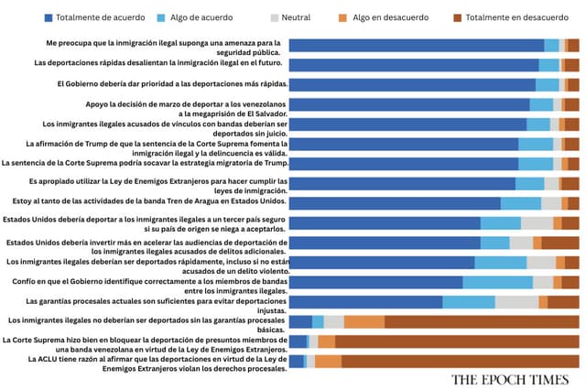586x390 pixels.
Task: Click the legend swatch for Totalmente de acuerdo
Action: (48, 16)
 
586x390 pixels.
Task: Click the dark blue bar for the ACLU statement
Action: (296, 361)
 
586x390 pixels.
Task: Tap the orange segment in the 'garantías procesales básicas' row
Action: (364, 321)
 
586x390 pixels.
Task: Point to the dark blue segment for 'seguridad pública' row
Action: (416, 45)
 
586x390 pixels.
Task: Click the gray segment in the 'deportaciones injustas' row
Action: (516, 301)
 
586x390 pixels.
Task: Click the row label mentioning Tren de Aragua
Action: (147, 201)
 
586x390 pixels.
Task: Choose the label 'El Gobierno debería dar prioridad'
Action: (171, 83)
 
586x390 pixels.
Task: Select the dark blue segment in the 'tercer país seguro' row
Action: (385, 222)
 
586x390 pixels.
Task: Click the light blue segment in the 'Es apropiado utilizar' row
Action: (529, 183)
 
